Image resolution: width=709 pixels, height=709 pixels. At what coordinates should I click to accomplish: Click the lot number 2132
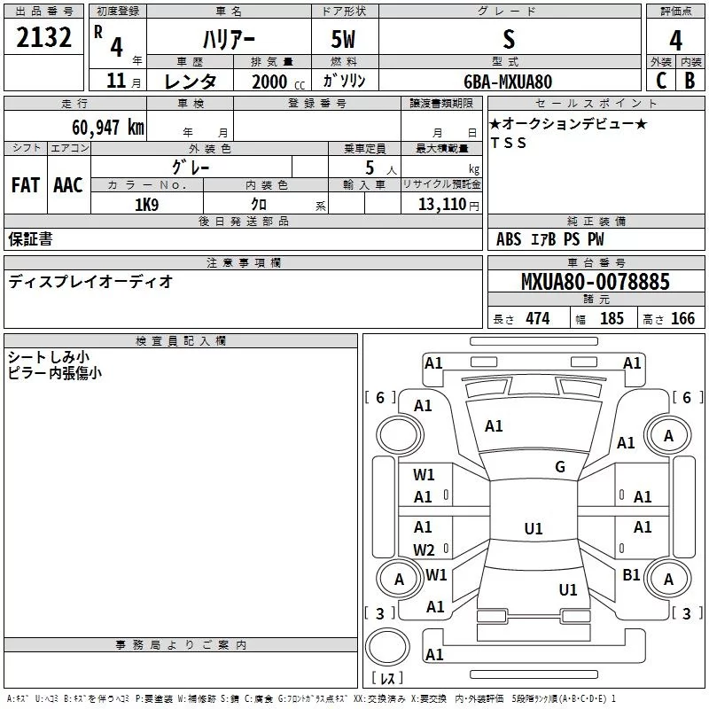pyautogui.click(x=43, y=37)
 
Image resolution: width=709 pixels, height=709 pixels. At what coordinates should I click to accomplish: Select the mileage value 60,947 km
pyautogui.click(x=108, y=128)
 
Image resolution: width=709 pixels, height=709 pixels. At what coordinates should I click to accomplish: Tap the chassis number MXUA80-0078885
pyautogui.click(x=596, y=281)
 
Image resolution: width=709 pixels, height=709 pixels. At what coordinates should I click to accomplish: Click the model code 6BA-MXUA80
pyautogui.click(x=508, y=82)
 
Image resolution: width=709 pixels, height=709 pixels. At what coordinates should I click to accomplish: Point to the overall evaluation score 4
pyautogui.click(x=675, y=40)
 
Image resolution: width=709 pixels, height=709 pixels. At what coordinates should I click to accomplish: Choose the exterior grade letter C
pyautogui.click(x=661, y=81)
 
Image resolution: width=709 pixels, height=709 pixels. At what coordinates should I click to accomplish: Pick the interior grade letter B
pyautogui.click(x=690, y=81)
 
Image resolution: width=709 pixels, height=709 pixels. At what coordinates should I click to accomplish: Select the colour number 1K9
pyautogui.click(x=146, y=205)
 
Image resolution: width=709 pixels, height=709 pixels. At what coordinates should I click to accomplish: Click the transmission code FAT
pyautogui.click(x=26, y=185)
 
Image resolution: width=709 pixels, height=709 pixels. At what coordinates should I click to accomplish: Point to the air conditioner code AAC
pyautogui.click(x=68, y=185)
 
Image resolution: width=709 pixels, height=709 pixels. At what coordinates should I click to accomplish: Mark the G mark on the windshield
pyautogui.click(x=560, y=467)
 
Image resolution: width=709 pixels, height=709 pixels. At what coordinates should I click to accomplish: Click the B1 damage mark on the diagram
pyautogui.click(x=631, y=574)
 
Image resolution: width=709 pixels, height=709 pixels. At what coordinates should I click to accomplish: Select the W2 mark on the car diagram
pyautogui.click(x=424, y=549)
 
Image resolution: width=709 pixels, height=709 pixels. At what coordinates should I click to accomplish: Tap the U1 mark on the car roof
pyautogui.click(x=534, y=528)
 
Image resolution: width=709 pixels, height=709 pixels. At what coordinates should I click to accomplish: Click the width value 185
pyautogui.click(x=612, y=318)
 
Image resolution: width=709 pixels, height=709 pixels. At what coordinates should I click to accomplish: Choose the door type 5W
pyautogui.click(x=343, y=39)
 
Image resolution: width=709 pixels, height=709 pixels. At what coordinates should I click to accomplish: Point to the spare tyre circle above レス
pyautogui.click(x=387, y=647)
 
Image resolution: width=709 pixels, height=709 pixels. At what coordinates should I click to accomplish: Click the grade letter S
pyautogui.click(x=509, y=39)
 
